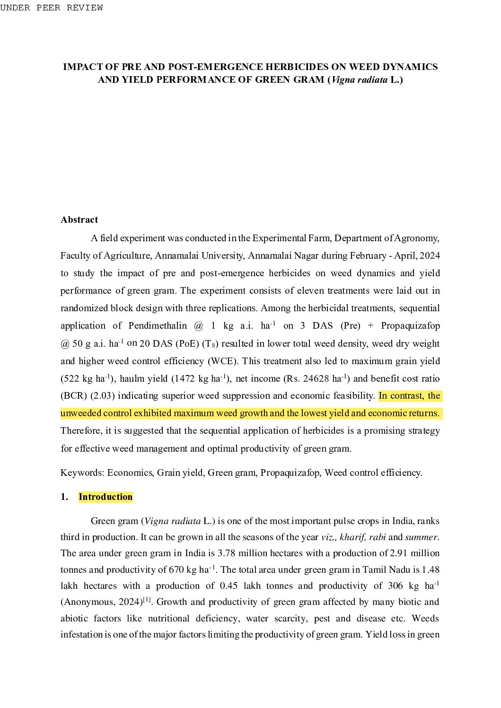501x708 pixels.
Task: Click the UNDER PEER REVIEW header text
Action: coord(52,8)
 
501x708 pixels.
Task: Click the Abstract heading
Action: coord(79,219)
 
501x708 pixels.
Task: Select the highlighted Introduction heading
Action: coord(105,497)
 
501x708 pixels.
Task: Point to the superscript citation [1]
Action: coord(147,600)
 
